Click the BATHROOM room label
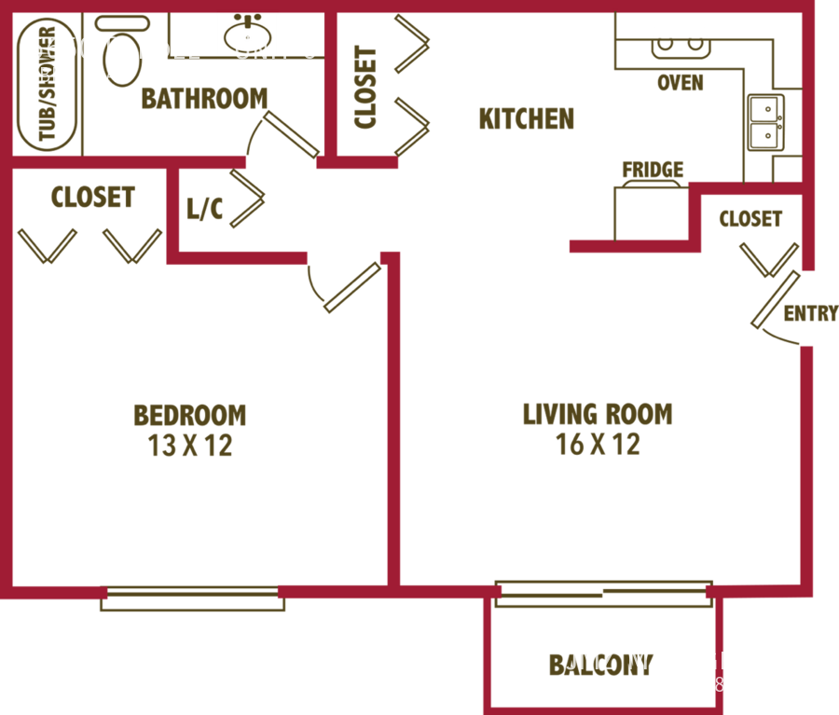(x=204, y=99)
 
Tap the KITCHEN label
(x=526, y=119)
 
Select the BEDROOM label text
(x=190, y=415)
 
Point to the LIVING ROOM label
(x=598, y=414)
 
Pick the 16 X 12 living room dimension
(x=598, y=445)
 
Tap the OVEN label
(x=680, y=84)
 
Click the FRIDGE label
(x=653, y=170)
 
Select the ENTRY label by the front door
(x=810, y=314)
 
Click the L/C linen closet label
(x=204, y=210)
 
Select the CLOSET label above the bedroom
(x=93, y=198)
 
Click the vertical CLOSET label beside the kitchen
(x=365, y=88)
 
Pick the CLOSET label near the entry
(x=750, y=220)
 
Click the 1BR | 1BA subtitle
(x=73, y=76)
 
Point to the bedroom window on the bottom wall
(x=193, y=598)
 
